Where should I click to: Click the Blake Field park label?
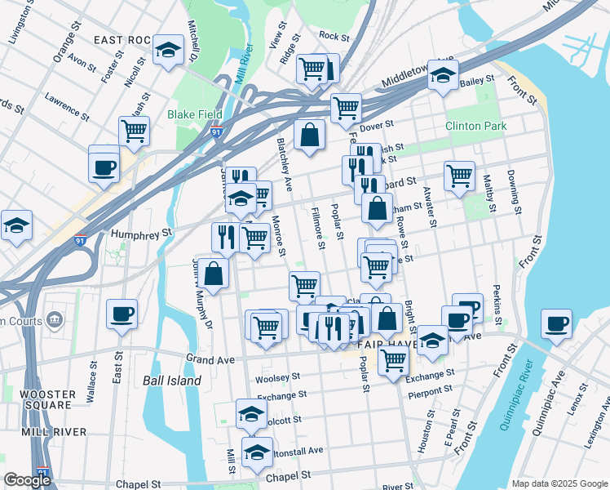pyautogui.click(x=195, y=115)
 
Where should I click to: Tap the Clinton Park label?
pyautogui.click(x=475, y=126)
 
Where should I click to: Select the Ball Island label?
pyautogui.click(x=171, y=381)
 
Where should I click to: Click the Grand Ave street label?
pyautogui.click(x=210, y=359)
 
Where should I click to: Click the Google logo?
pyautogui.click(x=27, y=479)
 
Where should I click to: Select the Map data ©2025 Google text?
pyautogui.click(x=559, y=483)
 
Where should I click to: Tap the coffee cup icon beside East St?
pyautogui.click(x=122, y=314)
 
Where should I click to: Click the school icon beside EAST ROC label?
pyautogui.click(x=168, y=52)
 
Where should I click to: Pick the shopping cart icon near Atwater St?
pyautogui.click(x=460, y=176)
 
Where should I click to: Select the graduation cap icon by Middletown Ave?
pyautogui.click(x=443, y=76)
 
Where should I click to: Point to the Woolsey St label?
pyautogui.click(x=273, y=380)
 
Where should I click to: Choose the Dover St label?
pyautogui.click(x=377, y=125)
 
